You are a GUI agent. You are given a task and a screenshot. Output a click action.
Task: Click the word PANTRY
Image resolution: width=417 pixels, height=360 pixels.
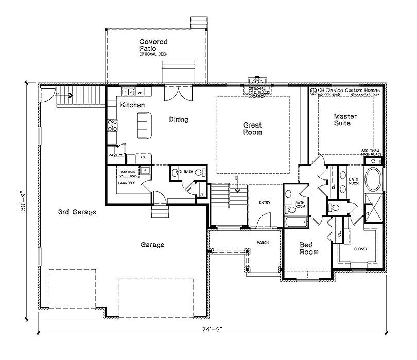115,154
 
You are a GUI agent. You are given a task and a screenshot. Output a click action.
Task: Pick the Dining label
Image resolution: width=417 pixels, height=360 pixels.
179,119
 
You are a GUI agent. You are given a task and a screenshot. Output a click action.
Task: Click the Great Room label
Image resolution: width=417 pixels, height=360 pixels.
252,129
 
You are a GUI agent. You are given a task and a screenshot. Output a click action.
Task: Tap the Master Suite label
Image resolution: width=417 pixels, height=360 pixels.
345,120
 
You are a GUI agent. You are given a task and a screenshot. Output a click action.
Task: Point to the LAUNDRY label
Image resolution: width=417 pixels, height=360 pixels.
126,183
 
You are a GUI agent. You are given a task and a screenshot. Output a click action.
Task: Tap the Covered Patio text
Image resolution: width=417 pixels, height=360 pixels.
153,45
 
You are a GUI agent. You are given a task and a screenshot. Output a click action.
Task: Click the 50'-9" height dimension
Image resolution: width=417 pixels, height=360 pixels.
22,204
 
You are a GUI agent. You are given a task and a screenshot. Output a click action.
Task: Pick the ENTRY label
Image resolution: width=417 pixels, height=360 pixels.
265,203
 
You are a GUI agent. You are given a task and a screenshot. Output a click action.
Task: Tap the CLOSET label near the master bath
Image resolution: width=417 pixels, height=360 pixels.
360,249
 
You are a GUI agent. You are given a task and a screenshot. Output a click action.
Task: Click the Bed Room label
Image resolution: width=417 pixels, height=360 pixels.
309,248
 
